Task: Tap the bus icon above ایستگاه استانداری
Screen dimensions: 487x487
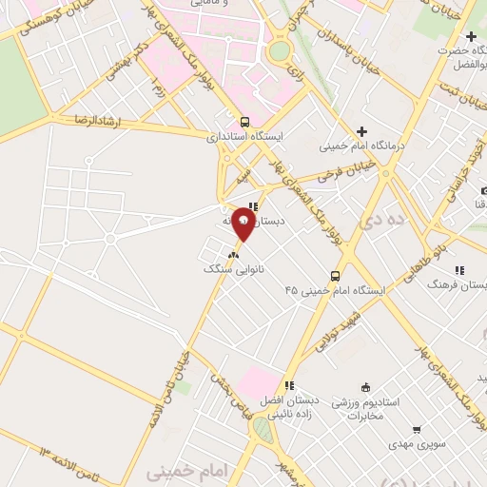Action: (x=245, y=122)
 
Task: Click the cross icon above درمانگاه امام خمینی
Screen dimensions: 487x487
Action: (x=360, y=131)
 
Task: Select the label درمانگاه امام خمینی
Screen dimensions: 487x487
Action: (x=352, y=146)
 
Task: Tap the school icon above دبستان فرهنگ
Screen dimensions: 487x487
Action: (x=459, y=269)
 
